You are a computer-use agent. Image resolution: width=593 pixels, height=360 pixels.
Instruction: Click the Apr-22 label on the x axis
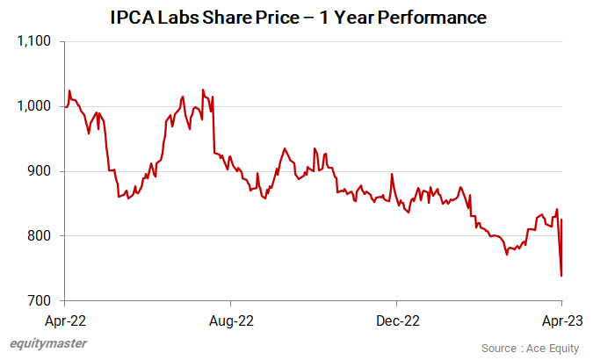tap(65, 320)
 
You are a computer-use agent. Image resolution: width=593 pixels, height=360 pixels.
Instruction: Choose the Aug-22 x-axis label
tap(231, 320)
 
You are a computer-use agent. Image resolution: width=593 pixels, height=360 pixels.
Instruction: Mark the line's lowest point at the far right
tap(561, 276)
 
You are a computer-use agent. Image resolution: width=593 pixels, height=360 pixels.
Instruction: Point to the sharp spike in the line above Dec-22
tap(392, 174)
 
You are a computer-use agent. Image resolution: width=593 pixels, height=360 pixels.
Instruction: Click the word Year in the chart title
tap(348, 17)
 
